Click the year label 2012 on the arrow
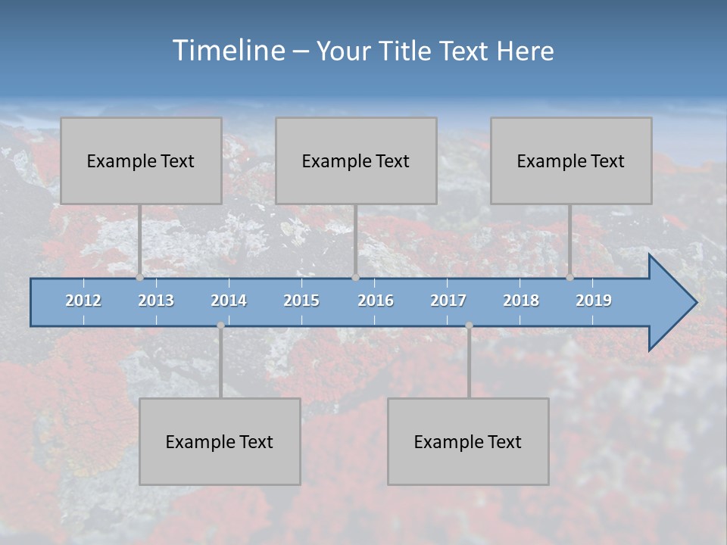(x=83, y=301)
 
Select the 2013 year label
(x=156, y=301)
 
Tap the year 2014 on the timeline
(x=229, y=301)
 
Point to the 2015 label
(x=301, y=301)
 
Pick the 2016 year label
(x=376, y=301)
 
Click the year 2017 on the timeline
(x=448, y=301)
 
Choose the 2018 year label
(x=521, y=301)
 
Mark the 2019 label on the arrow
(x=594, y=301)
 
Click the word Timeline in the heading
(x=226, y=51)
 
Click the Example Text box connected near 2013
(x=141, y=160)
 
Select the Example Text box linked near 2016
(x=356, y=160)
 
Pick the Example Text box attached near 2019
(x=571, y=160)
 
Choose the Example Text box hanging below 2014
(x=220, y=441)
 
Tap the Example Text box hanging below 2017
(x=468, y=441)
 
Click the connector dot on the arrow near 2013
(x=139, y=278)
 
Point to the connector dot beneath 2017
(x=469, y=325)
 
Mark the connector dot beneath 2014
(x=220, y=325)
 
